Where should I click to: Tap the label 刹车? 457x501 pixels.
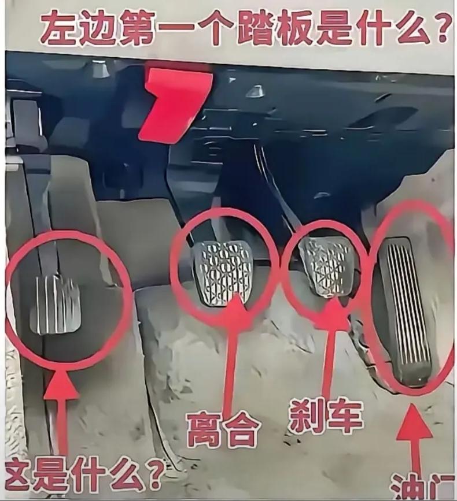[x=326, y=415]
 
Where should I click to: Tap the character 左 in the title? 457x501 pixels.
[x=58, y=28]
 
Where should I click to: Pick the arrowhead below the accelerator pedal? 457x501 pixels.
[x=414, y=421]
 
